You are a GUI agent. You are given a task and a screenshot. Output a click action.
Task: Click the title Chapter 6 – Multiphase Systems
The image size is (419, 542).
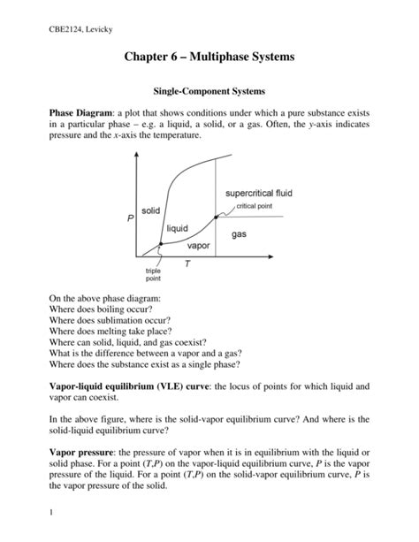[x=209, y=59]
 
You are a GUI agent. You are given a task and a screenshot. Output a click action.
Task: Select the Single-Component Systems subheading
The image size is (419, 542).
[x=209, y=91]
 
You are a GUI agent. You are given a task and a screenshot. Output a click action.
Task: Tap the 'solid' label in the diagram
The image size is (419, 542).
[x=151, y=210]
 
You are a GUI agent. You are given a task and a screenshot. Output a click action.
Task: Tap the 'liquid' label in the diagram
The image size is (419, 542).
[x=182, y=229]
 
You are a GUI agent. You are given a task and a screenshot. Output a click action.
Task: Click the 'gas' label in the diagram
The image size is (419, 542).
[x=240, y=234]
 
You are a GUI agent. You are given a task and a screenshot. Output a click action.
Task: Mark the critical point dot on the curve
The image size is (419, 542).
[x=217, y=216]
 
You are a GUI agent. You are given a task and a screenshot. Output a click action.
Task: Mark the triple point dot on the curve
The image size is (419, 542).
[x=159, y=244]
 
